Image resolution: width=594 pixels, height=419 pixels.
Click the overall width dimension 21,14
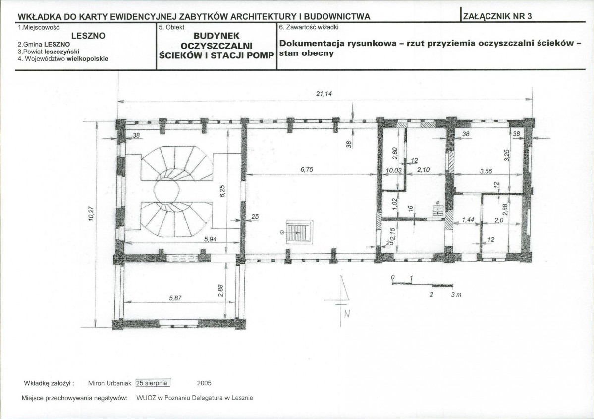click(324, 93)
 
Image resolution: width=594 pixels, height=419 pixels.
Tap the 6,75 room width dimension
click(307, 170)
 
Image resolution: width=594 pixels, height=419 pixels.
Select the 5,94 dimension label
click(211, 239)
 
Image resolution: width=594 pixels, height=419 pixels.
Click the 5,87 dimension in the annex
click(175, 298)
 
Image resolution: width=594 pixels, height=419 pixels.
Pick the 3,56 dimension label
click(486, 171)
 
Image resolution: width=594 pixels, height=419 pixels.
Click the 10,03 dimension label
click(393, 171)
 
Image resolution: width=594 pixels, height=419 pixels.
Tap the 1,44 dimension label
click(468, 220)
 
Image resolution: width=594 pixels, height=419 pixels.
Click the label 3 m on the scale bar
click(456, 294)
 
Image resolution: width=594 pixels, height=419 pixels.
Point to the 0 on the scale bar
click(393, 278)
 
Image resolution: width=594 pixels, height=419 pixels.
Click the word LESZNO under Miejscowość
click(88, 36)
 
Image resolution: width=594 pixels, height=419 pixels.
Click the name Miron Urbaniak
click(109, 383)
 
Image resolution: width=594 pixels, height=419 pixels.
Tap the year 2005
click(204, 383)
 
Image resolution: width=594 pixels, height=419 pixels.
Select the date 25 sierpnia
click(152, 383)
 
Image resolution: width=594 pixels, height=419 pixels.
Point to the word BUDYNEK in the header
click(216, 36)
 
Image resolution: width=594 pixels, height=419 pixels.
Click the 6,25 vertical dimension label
click(223, 191)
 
